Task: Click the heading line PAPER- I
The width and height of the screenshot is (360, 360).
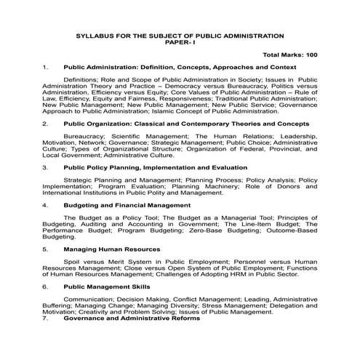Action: tap(180, 41)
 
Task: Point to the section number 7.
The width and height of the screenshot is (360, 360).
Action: tap(45, 319)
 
